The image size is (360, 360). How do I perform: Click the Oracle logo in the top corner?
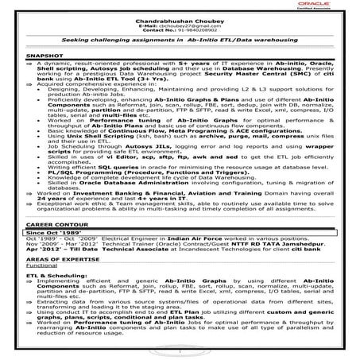337,12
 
